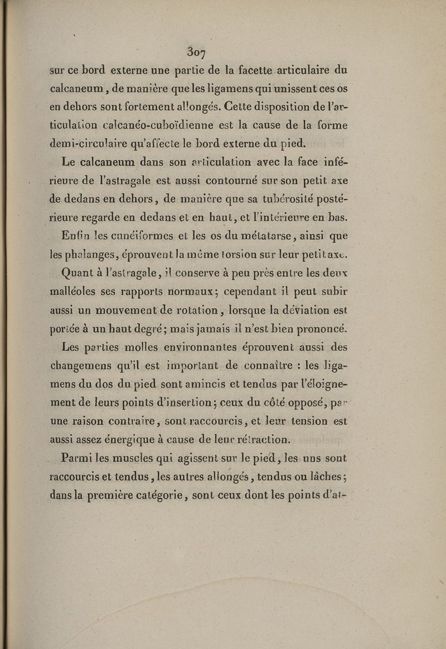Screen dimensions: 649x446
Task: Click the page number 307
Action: coord(196,55)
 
